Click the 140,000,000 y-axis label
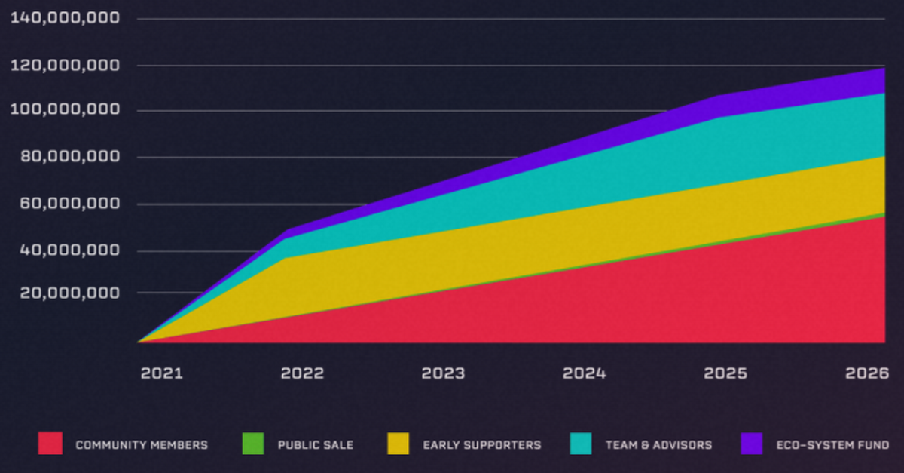(x=66, y=17)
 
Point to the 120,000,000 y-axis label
(x=66, y=66)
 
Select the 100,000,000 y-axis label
(x=66, y=110)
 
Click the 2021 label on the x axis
(x=161, y=373)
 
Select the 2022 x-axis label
(x=302, y=373)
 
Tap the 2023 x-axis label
(x=443, y=373)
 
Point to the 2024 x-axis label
(x=585, y=373)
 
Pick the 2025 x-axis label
(x=725, y=373)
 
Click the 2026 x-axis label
(x=866, y=373)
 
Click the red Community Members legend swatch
(x=50, y=444)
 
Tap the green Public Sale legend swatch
(x=252, y=444)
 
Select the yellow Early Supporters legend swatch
(x=398, y=444)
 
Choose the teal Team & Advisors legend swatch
(x=580, y=444)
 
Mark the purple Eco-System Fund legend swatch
(x=751, y=444)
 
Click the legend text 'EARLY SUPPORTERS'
(x=482, y=445)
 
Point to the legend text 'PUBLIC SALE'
(x=315, y=445)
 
